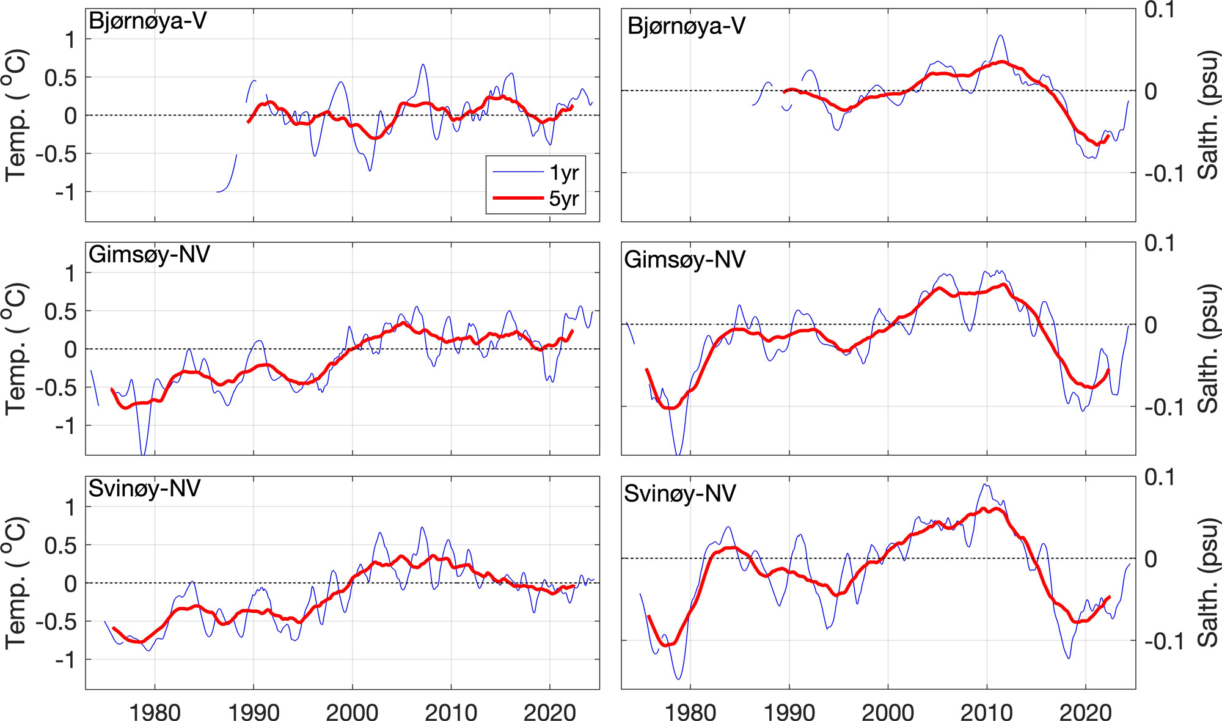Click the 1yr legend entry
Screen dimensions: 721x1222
pyautogui.click(x=563, y=173)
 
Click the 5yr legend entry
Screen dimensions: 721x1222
pyautogui.click(x=563, y=199)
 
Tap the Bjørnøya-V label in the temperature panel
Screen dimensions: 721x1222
pyautogui.click(x=147, y=21)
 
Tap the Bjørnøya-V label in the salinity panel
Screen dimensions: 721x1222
pyautogui.click(x=686, y=26)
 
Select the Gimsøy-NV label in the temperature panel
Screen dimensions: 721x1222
pyautogui.click(x=149, y=254)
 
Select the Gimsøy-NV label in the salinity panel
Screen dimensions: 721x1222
pyautogui.click(x=684, y=260)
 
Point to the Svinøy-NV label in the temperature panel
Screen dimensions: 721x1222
pyautogui.click(x=144, y=488)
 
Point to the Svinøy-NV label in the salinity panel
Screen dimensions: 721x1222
pyautogui.click(x=679, y=494)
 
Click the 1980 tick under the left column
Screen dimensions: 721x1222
pyautogui.click(x=155, y=711)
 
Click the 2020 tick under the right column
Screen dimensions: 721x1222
pyautogui.click(x=1085, y=711)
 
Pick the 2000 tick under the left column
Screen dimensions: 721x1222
pyautogui.click(x=352, y=711)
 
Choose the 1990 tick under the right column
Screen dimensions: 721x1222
pyautogui.click(x=789, y=711)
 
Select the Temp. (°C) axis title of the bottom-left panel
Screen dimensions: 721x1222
pyautogui.click(x=16, y=582)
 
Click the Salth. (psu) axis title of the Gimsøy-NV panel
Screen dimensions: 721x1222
pyautogui.click(x=1208, y=349)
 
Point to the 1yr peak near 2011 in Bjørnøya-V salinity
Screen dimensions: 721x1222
pyautogui.click(x=1000, y=36)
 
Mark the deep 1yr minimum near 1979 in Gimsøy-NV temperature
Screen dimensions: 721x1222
pyautogui.click(x=143, y=452)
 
